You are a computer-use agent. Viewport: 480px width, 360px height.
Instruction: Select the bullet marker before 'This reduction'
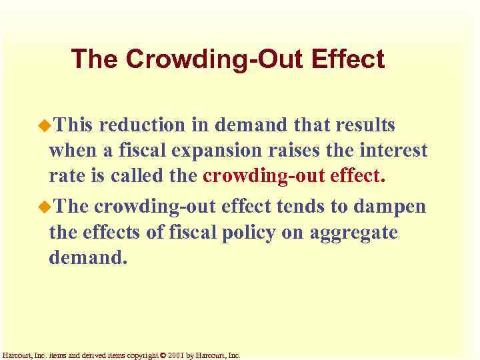[x=44, y=125]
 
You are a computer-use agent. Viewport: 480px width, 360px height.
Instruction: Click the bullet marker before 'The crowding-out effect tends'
[x=44, y=206]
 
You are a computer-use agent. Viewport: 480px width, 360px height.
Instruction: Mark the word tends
[x=295, y=207]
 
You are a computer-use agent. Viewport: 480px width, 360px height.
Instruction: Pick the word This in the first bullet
[x=76, y=125]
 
